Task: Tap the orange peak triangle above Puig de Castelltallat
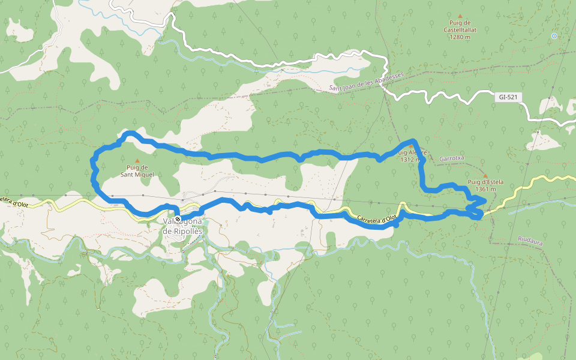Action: pos(460,16)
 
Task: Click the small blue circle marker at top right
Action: pos(554,36)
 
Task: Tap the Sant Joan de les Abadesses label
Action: pos(367,82)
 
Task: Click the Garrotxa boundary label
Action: pos(452,158)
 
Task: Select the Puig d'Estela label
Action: pos(485,182)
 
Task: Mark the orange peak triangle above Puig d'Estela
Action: pos(485,175)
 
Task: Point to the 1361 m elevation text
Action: pos(485,189)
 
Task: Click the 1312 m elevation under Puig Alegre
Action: pos(412,160)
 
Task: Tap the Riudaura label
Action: pos(530,239)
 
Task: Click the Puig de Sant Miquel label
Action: pos(137,171)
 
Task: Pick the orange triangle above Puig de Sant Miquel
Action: pos(137,161)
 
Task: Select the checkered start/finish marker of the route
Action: pos(178,219)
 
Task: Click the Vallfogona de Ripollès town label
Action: pos(182,226)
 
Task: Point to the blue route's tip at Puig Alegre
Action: pos(412,142)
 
